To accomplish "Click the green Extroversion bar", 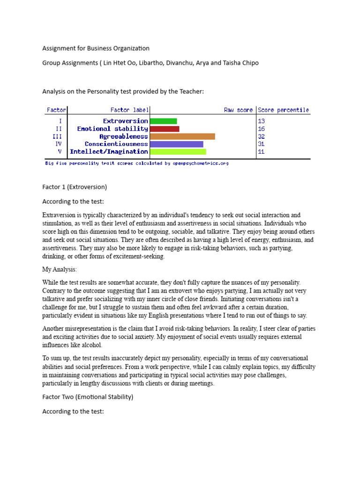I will point(164,121).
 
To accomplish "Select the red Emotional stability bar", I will point(165,129).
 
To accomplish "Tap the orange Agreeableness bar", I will point(182,136).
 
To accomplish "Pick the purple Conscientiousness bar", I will point(177,144).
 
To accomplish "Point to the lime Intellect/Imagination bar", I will point(178,151).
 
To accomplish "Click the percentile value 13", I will point(261,121).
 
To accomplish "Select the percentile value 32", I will point(261,136).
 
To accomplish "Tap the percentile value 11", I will point(261,151).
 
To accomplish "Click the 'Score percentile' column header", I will point(284,110).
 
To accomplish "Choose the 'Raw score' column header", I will point(238,110).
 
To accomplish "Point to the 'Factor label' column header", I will point(129,110).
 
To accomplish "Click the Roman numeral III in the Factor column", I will point(59,136).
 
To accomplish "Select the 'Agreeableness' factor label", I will point(124,136).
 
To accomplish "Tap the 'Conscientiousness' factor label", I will point(116,144).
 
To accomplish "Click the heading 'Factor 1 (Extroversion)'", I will point(75,187).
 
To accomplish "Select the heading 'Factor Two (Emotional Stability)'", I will point(88,397).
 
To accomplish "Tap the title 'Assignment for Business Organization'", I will point(96,48).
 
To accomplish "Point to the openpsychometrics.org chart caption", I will point(137,164).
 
